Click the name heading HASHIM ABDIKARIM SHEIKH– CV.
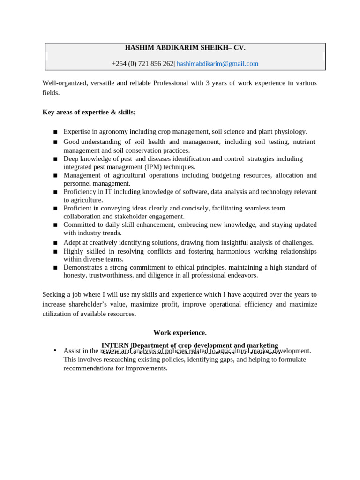point(185,48)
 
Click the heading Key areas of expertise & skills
point(89,112)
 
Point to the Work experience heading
point(180,333)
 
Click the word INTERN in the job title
point(115,345)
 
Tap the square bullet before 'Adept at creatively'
point(55,243)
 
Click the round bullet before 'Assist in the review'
point(55,350)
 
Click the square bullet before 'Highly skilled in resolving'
point(55,252)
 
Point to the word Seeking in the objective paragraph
point(54,294)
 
